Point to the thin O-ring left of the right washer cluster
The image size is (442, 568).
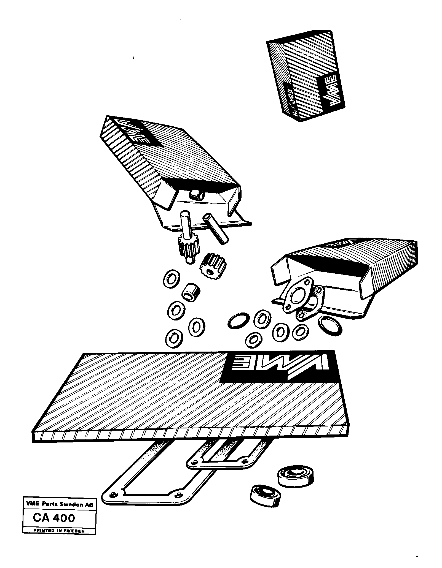pyautogui.click(x=239, y=321)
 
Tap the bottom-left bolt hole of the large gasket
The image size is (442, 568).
pyautogui.click(x=113, y=495)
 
